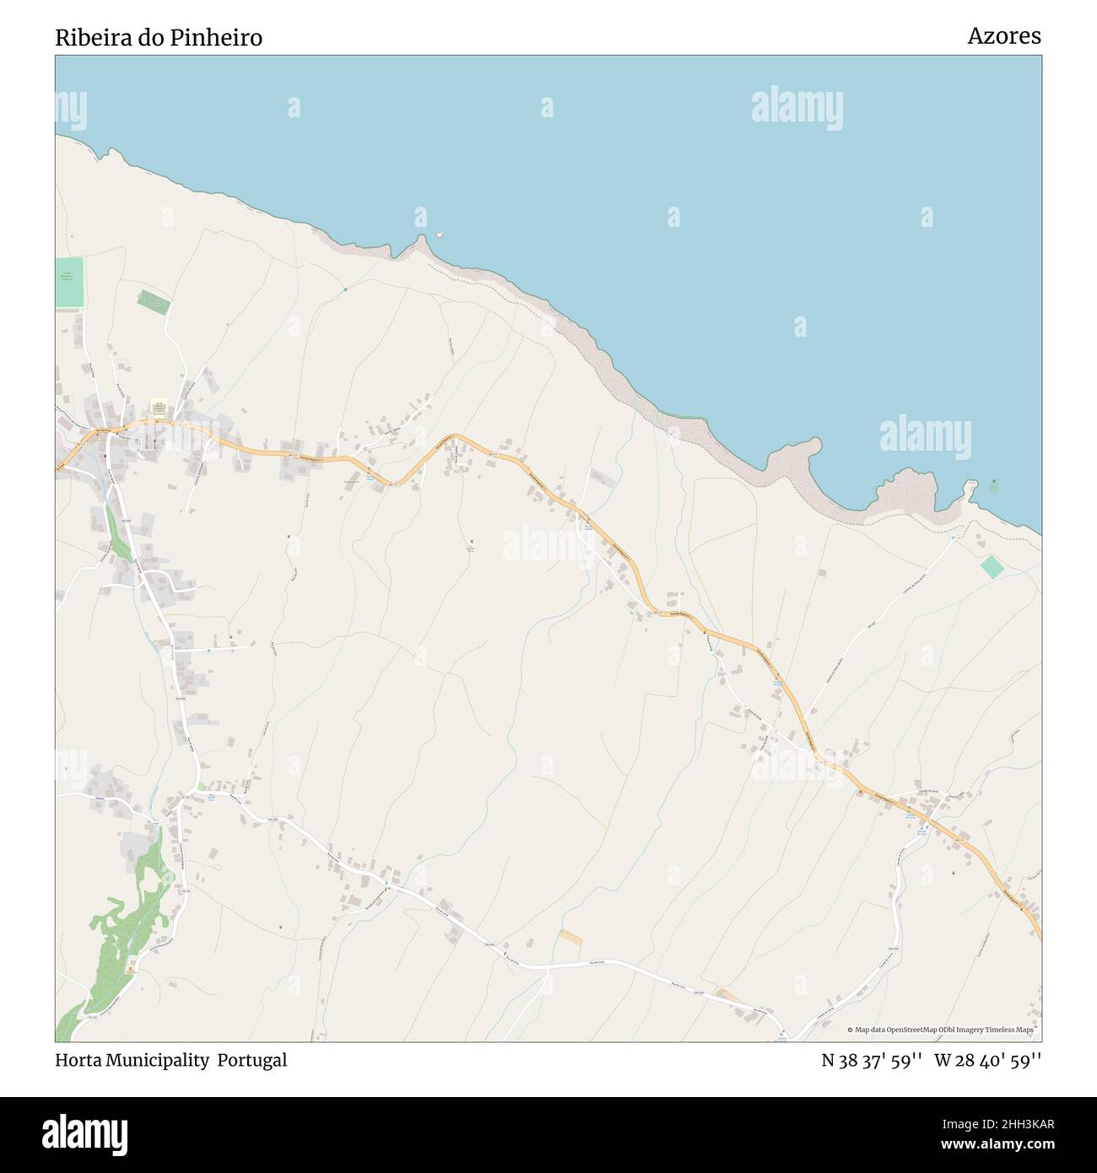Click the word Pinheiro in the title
(222, 38)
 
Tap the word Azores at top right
(1003, 36)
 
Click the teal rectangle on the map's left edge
(70, 283)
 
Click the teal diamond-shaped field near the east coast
(992, 566)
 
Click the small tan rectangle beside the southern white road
(570, 937)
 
